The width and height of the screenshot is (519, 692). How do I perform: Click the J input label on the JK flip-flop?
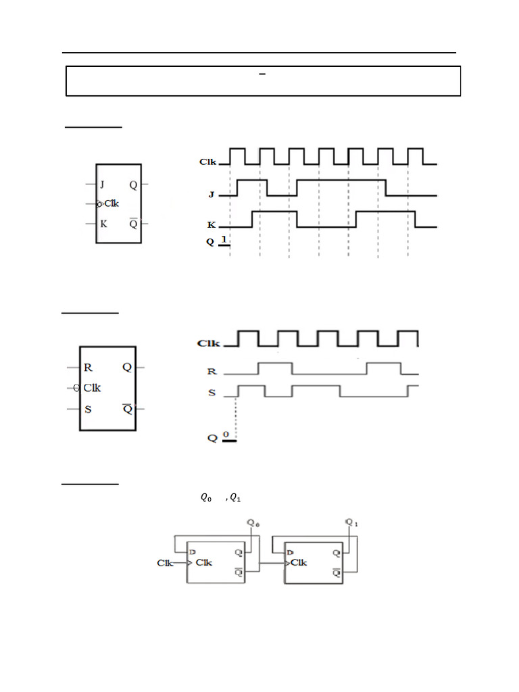coord(102,184)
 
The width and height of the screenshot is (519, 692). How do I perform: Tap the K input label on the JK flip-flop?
coord(103,223)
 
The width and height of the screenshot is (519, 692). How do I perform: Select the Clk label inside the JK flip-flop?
coord(112,203)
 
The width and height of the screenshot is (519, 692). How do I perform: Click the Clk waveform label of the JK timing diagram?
coord(207,162)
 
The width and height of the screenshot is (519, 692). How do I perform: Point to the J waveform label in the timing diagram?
coord(211,195)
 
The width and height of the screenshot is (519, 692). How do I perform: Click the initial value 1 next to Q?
coord(224,239)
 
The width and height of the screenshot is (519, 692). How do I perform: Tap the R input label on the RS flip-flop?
coord(88,368)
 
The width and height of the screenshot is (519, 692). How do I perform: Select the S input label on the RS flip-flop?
coord(88,409)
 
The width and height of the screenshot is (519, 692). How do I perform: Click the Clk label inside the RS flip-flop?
coord(92,388)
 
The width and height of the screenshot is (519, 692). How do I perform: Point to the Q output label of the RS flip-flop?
coord(126,368)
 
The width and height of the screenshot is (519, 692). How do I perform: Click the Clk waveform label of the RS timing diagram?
coord(207,343)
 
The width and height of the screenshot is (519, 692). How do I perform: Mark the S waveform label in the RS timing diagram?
coord(212,393)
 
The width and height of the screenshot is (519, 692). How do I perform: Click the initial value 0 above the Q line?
coord(226,435)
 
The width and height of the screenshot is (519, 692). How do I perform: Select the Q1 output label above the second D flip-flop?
coord(351,522)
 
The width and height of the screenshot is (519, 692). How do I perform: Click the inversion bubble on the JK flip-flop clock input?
coord(99,204)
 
